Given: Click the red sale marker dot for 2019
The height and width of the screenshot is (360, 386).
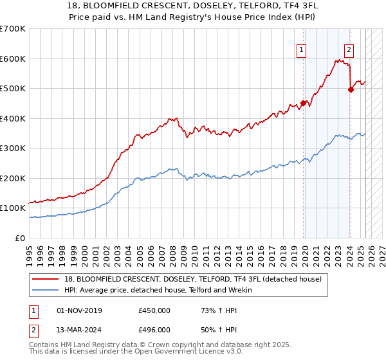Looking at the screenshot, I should (303, 103).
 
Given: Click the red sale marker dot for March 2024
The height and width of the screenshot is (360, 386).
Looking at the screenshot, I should (351, 89).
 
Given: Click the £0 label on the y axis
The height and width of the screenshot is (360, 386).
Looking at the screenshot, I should (21, 238).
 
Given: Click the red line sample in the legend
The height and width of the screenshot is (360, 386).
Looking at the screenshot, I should (46, 279).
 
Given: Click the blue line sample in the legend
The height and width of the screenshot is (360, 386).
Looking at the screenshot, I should (46, 290).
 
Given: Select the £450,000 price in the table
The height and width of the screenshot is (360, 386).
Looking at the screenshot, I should (154, 310).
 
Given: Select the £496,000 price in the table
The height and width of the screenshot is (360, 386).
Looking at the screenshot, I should (154, 330).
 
